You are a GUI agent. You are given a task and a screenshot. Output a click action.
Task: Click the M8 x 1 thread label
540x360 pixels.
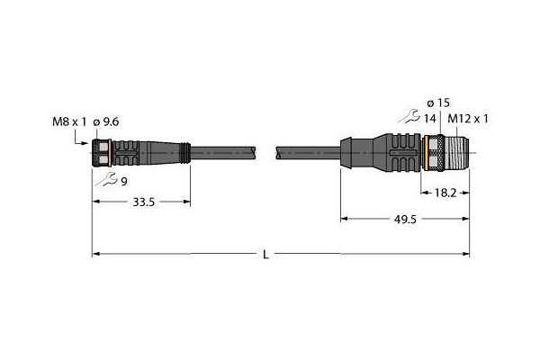69,121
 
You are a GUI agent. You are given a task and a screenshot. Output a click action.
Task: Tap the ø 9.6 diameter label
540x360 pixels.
106,121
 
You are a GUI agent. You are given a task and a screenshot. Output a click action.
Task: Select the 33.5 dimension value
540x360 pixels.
144,202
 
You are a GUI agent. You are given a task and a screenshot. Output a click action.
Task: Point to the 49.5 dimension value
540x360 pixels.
405,220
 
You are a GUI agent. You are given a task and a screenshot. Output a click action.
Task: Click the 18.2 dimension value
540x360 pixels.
445,193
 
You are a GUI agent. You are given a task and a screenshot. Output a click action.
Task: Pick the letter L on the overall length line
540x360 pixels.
265,255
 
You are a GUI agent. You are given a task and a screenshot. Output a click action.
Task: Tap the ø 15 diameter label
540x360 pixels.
438,103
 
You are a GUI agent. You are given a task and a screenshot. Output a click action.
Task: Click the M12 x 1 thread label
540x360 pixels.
468,119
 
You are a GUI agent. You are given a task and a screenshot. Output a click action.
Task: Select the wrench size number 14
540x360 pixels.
429,119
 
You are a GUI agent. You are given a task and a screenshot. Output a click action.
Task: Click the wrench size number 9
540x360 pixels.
124,182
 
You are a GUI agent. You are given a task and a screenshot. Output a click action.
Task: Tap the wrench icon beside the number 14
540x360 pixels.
409,116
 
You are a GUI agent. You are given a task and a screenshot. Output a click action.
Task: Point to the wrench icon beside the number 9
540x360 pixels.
106,179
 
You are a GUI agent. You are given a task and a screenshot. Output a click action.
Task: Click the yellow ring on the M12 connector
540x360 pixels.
426,152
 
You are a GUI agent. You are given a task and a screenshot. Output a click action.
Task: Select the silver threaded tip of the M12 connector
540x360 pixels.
457,152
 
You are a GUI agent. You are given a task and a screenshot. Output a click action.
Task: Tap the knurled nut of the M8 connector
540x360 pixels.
101,153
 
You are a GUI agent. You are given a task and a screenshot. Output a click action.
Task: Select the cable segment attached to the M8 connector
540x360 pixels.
223,153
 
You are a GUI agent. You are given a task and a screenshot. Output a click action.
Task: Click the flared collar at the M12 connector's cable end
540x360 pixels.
346,153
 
